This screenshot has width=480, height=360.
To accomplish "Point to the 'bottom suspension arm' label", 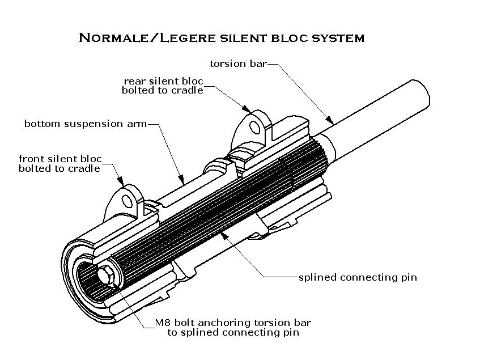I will (85, 124).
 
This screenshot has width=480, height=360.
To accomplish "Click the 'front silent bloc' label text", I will (60, 159).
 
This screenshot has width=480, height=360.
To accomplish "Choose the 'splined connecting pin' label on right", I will (358, 277).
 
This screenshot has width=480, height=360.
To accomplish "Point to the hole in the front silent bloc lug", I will (129, 201).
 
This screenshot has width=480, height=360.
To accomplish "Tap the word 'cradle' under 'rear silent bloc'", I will (188, 90).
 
